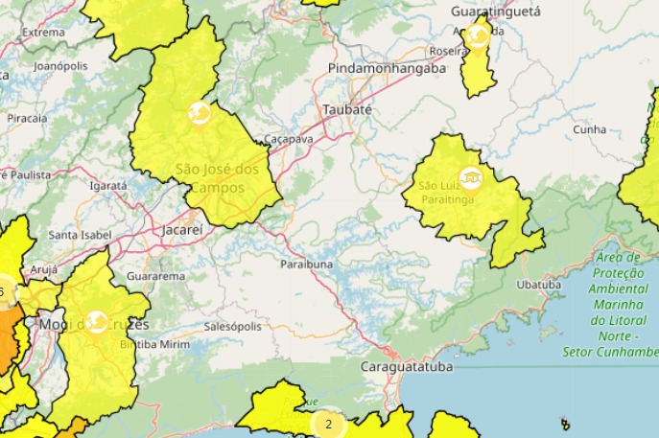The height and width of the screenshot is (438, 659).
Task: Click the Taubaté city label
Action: click(x=346, y=109)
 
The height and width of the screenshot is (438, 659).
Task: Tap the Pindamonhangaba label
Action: click(x=387, y=69)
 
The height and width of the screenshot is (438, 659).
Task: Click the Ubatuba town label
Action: click(x=538, y=285)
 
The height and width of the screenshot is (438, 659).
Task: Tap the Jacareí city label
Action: click(x=182, y=230)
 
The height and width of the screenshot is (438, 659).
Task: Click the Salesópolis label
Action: click(x=232, y=326)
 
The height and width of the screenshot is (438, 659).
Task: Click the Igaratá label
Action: click(x=107, y=186)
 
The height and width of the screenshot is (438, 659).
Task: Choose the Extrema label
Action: click(x=43, y=32)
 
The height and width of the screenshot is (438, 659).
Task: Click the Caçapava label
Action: click(x=288, y=139)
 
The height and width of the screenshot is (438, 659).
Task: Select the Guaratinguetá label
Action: click(x=496, y=11)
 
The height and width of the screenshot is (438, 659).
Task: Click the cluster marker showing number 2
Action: click(x=328, y=424)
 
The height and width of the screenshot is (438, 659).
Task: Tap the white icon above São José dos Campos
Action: click(x=200, y=114)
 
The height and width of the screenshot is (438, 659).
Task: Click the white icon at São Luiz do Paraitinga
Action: click(x=470, y=177)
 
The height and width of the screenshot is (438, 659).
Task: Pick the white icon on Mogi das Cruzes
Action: click(x=96, y=322)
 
